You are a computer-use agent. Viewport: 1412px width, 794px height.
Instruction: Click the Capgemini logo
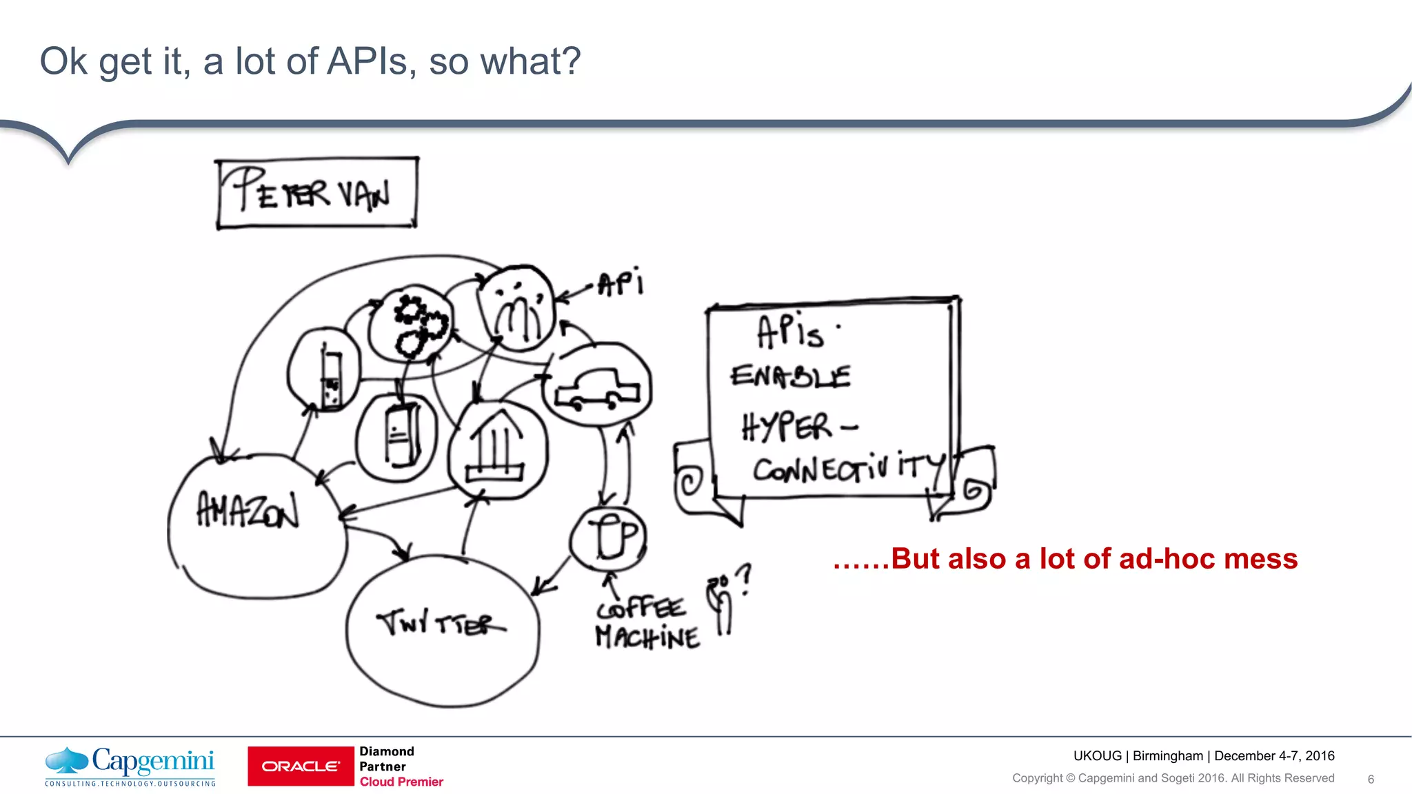(x=130, y=766)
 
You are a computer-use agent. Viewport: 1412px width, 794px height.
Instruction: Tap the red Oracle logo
(x=301, y=766)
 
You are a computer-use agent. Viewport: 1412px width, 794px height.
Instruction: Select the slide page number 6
(x=1371, y=780)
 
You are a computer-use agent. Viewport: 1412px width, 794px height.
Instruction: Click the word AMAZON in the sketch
(x=248, y=510)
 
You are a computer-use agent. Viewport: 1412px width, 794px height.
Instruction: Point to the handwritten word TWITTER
(x=441, y=623)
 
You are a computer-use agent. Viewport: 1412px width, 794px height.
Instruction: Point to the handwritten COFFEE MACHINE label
(x=647, y=623)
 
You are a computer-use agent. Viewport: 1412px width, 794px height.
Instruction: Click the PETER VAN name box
(x=317, y=193)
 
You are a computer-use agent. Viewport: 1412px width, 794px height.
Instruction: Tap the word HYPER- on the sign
(x=798, y=427)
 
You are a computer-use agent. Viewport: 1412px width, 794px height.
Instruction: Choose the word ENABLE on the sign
(x=790, y=376)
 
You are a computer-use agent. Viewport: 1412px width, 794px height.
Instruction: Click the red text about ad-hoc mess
(x=1065, y=558)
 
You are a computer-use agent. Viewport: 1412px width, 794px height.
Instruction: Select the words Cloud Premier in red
(x=401, y=782)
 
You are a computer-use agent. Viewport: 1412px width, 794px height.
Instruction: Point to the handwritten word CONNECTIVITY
(x=848, y=469)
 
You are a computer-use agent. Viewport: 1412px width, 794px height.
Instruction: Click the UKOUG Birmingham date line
(x=1203, y=755)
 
